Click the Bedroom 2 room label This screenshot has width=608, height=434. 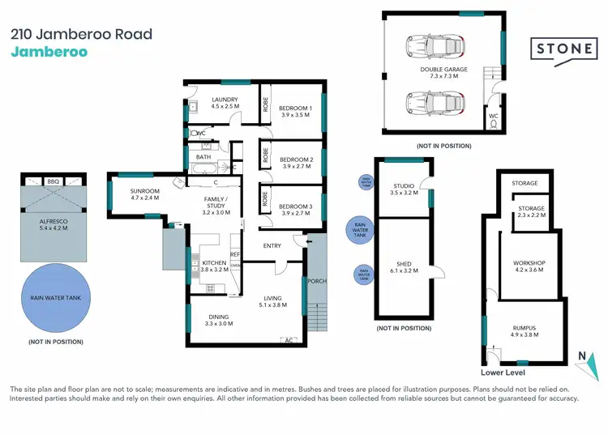coord(295,160)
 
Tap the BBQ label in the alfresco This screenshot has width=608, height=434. coord(54,182)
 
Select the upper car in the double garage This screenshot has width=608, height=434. coord(439,48)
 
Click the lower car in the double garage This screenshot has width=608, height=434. coord(439,104)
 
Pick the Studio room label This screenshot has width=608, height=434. coord(404,189)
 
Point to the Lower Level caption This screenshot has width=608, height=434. coord(503,372)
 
